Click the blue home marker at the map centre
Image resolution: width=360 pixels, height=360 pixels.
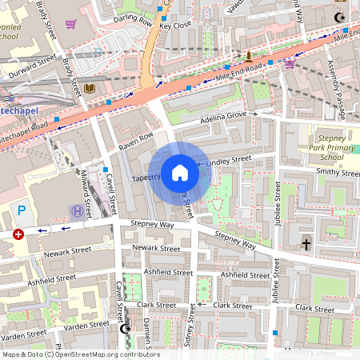click(180, 173)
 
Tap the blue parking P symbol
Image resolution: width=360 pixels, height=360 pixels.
click(22, 210)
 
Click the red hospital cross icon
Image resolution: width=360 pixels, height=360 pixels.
click(18, 234)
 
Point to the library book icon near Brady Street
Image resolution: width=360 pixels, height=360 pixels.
click(90, 88)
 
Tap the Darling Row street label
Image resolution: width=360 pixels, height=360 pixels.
click(132, 17)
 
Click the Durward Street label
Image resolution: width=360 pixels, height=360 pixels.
click(33, 67)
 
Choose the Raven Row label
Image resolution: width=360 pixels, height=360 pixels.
click(135, 138)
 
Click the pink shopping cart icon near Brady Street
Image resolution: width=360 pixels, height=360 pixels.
click(70, 23)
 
